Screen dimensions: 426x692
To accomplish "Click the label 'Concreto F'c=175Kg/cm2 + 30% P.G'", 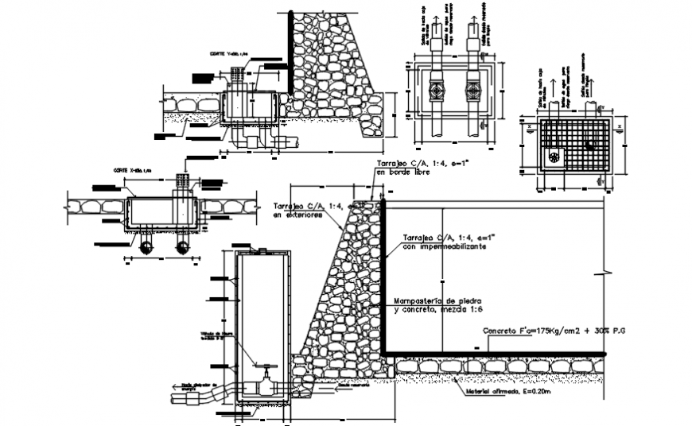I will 554,329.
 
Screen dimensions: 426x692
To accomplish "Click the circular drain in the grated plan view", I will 589,145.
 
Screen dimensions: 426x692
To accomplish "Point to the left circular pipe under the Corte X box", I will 146,246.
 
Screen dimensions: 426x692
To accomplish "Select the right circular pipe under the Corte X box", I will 182,246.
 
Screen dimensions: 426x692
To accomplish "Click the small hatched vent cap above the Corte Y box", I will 236,72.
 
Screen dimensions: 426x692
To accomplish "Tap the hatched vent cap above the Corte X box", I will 183,180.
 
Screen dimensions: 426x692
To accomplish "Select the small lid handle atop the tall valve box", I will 259,251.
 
